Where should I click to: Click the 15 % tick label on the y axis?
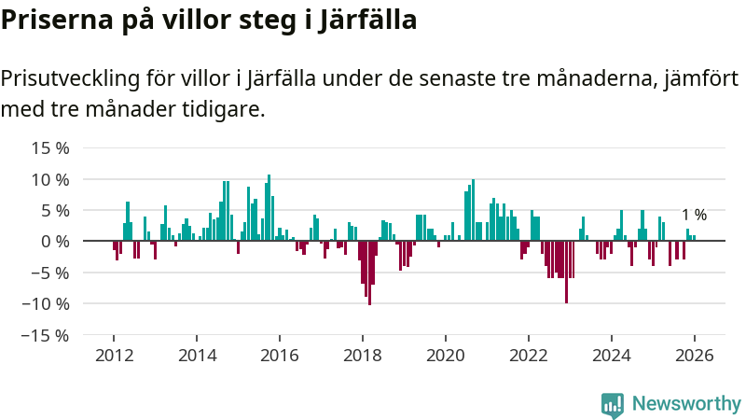point(50,147)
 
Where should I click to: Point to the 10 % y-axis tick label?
point(50,179)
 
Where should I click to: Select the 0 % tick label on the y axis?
point(55,241)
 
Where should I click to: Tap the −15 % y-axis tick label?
point(47,335)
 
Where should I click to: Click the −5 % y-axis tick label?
point(50,273)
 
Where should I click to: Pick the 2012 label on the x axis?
point(114,356)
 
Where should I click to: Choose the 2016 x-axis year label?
point(280,356)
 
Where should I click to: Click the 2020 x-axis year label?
point(446,356)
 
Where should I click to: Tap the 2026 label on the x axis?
point(695,356)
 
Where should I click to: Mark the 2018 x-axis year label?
point(363,356)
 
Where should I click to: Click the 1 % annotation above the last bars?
point(694,215)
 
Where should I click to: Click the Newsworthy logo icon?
point(613,404)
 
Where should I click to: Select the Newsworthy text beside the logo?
point(686,404)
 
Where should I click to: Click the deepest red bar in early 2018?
point(369,273)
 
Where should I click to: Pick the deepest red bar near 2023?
point(566,272)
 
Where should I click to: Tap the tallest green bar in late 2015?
point(269,208)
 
